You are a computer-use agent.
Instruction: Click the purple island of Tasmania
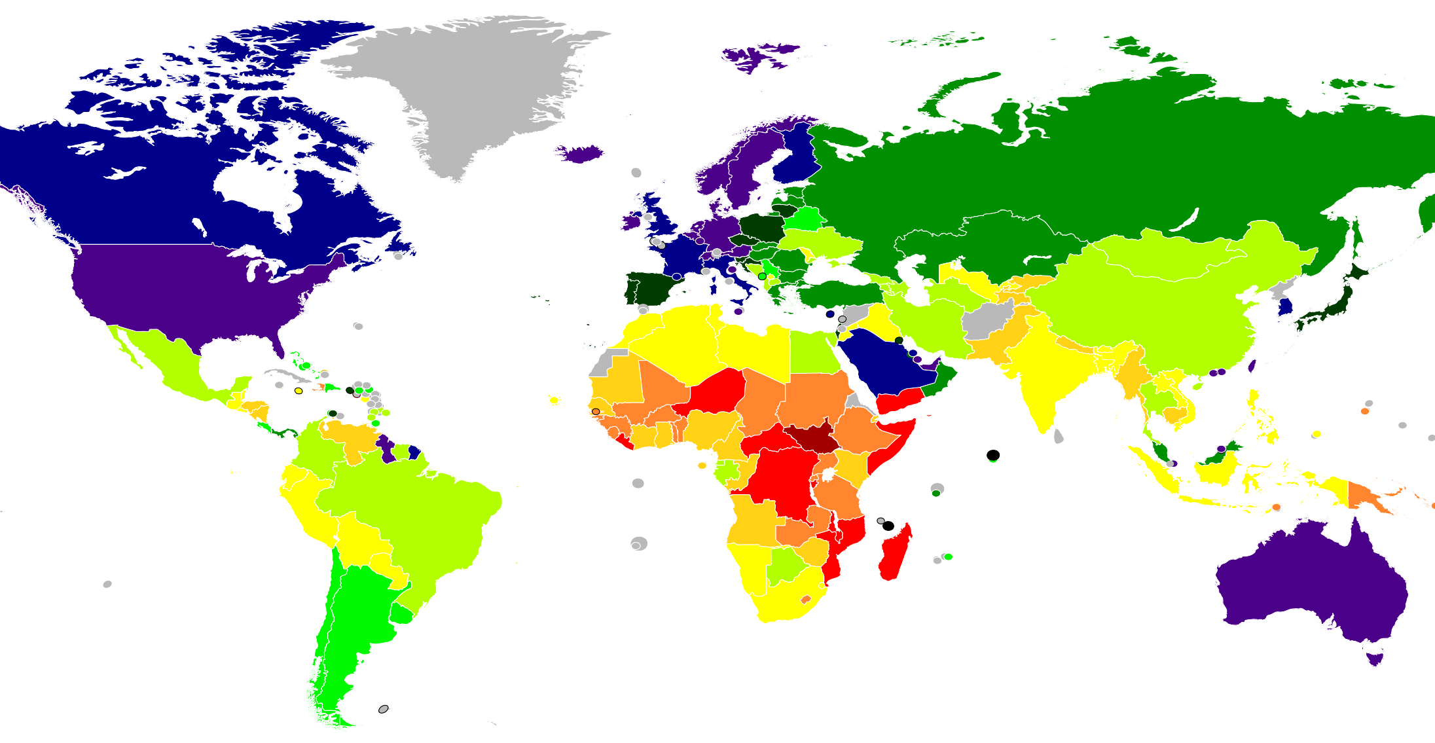(1375, 657)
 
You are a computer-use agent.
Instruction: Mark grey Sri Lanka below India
(1059, 436)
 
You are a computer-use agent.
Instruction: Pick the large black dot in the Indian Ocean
(993, 455)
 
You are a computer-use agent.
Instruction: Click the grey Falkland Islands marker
(384, 709)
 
